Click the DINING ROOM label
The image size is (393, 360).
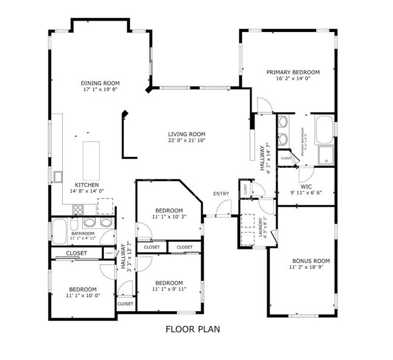(x=100, y=83)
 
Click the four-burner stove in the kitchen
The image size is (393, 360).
(x=79, y=210)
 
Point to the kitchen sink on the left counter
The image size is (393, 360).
(x=59, y=176)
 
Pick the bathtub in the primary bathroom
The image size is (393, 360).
(x=325, y=128)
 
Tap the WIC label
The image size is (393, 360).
(x=306, y=186)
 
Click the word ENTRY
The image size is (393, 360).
(x=221, y=193)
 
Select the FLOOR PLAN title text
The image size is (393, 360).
(x=192, y=329)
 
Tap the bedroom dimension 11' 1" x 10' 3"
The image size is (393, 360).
(x=167, y=217)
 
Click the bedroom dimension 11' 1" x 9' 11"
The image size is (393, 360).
(x=168, y=289)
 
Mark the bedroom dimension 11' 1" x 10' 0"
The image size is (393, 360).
(x=82, y=296)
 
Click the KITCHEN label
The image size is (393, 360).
(x=86, y=185)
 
